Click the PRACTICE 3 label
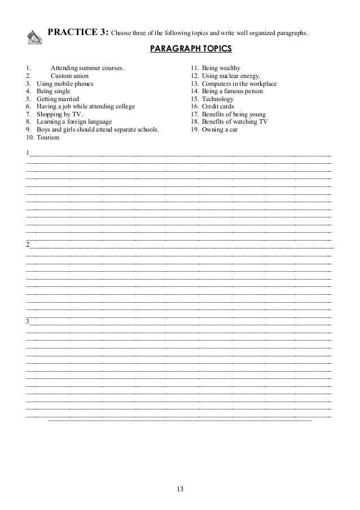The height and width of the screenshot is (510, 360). tap(78, 32)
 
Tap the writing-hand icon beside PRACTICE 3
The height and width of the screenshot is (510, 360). tap(35, 37)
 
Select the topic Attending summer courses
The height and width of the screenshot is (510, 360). tap(87, 68)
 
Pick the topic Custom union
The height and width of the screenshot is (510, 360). tap(69, 76)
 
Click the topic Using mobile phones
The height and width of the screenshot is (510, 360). tap(65, 84)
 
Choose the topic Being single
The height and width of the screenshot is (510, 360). tap(54, 91)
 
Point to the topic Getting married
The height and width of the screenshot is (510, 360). tap(58, 99)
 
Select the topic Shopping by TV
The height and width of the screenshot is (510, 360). tap(59, 114)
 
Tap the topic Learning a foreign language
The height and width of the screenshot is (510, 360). tap(74, 121)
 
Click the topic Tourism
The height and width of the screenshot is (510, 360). tap(48, 137)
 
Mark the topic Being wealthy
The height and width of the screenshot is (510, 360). tap(221, 68)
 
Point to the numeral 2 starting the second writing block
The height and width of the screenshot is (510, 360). tap(28, 244)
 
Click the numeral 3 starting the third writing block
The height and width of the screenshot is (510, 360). tap(28, 322)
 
